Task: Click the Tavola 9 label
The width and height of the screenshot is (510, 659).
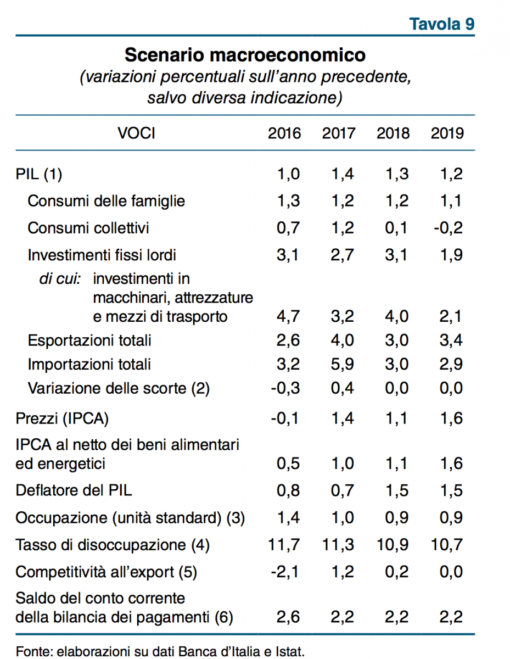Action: click(x=441, y=24)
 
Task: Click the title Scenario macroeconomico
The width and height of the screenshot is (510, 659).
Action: click(x=245, y=55)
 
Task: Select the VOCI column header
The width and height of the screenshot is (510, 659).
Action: click(x=136, y=133)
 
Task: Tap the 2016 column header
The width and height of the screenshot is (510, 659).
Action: click(x=284, y=133)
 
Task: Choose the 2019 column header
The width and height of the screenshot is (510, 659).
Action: click(x=447, y=133)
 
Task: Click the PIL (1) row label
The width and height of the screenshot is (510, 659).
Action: click(x=39, y=174)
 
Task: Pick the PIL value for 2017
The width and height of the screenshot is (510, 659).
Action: click(x=343, y=174)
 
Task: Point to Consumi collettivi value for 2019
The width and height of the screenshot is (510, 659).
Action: click(x=448, y=228)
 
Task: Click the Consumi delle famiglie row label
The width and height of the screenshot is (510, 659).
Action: click(x=106, y=201)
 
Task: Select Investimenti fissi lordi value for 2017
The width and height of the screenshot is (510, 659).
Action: click(x=342, y=255)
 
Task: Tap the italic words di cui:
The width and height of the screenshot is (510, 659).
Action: click(x=60, y=279)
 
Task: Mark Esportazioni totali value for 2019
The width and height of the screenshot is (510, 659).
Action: click(x=451, y=340)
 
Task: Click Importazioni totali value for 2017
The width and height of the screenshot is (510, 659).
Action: click(x=342, y=364)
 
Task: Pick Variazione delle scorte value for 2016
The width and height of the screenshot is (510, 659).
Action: click(x=285, y=388)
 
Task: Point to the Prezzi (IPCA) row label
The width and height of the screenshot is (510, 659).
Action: click(x=62, y=419)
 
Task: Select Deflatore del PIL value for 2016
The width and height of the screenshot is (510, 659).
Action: click(x=288, y=490)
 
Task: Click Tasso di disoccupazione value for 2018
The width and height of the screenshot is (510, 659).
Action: click(x=393, y=545)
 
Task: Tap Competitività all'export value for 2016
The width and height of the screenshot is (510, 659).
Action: click(x=285, y=572)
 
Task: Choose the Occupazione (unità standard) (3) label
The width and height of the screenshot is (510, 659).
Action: click(x=130, y=518)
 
